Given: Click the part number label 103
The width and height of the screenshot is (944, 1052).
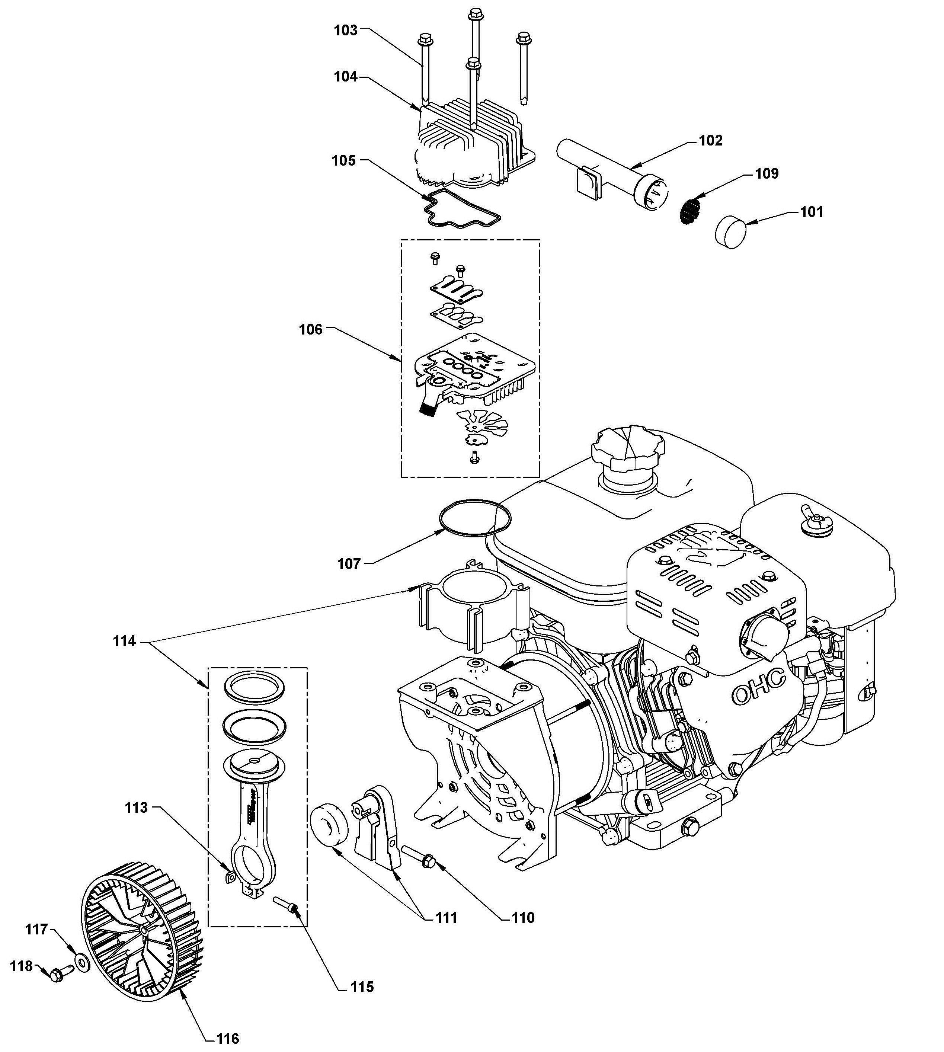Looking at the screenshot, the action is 345,30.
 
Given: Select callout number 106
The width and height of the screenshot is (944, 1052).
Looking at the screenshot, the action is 311,329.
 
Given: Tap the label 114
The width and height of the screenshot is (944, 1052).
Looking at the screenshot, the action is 125,641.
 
